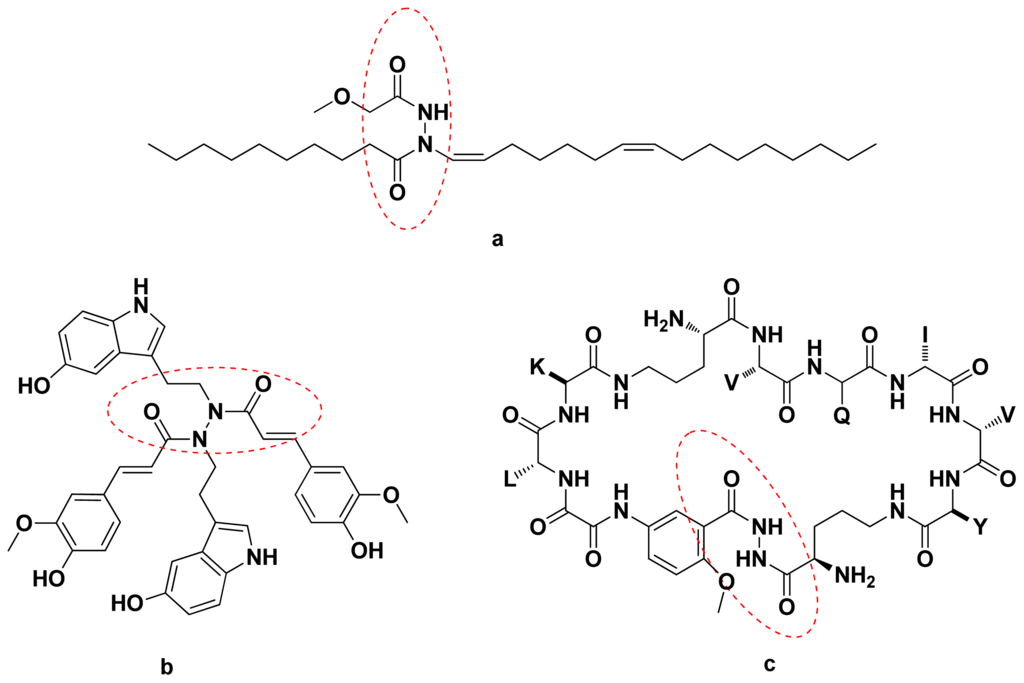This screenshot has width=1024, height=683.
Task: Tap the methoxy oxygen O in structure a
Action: coord(340,95)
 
